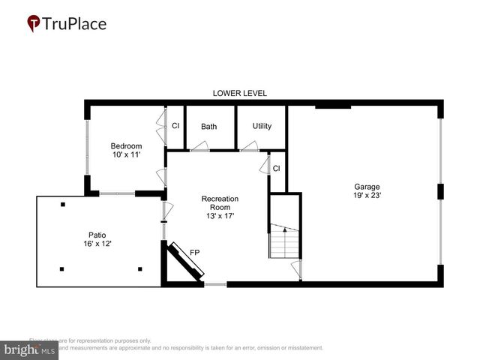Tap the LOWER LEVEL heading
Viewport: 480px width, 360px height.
239,93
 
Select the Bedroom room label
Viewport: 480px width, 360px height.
126,145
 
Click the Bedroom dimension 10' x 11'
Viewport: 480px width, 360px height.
126,154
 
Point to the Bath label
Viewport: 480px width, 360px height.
208,127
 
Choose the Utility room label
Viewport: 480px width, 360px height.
262,126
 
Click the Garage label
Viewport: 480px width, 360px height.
367,187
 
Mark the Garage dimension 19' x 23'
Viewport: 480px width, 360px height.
367,196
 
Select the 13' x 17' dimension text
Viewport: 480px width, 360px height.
220,217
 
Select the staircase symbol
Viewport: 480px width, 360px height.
284,241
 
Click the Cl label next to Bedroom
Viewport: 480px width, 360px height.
175,126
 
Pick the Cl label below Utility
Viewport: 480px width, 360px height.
276,168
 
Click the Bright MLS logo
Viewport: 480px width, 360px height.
29,350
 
